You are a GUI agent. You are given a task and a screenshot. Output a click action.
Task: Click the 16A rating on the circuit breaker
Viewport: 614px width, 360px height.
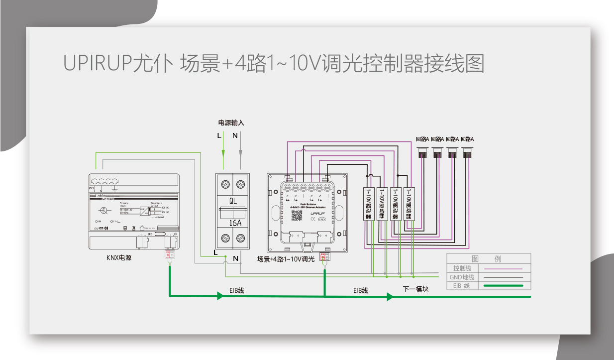pyautogui.click(x=232, y=224)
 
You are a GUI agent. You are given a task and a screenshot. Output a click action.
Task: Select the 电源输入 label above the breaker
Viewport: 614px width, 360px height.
pyautogui.click(x=231, y=122)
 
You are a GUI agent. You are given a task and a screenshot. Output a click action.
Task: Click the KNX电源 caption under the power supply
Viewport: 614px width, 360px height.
pyautogui.click(x=119, y=258)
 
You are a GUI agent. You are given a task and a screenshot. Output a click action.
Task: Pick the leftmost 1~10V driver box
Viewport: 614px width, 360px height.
pyautogui.click(x=368, y=204)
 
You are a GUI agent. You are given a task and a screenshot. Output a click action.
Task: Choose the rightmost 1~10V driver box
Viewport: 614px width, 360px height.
pyautogui.click(x=409, y=204)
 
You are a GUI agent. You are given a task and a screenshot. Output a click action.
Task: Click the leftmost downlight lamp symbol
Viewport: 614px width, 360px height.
pyautogui.click(x=423, y=152)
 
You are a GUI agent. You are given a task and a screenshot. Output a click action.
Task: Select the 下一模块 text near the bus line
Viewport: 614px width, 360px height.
pyautogui.click(x=415, y=289)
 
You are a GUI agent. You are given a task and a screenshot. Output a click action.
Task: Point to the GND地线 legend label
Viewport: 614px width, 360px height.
pyautogui.click(x=462, y=277)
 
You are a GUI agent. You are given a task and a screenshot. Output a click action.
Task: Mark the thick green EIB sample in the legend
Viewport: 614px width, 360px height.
pyautogui.click(x=503, y=286)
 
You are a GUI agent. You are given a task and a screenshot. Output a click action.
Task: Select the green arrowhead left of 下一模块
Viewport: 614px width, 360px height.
pyautogui.click(x=390, y=297)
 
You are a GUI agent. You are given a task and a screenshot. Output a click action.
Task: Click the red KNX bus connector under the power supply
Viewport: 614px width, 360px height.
pyautogui.click(x=169, y=255)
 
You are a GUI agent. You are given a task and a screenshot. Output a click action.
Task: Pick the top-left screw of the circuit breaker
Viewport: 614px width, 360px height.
pyautogui.click(x=224, y=184)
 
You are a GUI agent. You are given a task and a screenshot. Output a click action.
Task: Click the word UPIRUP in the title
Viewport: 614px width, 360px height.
pyautogui.click(x=98, y=63)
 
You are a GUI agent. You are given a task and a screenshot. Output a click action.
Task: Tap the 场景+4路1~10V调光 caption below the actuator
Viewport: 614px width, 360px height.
pyautogui.click(x=286, y=259)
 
